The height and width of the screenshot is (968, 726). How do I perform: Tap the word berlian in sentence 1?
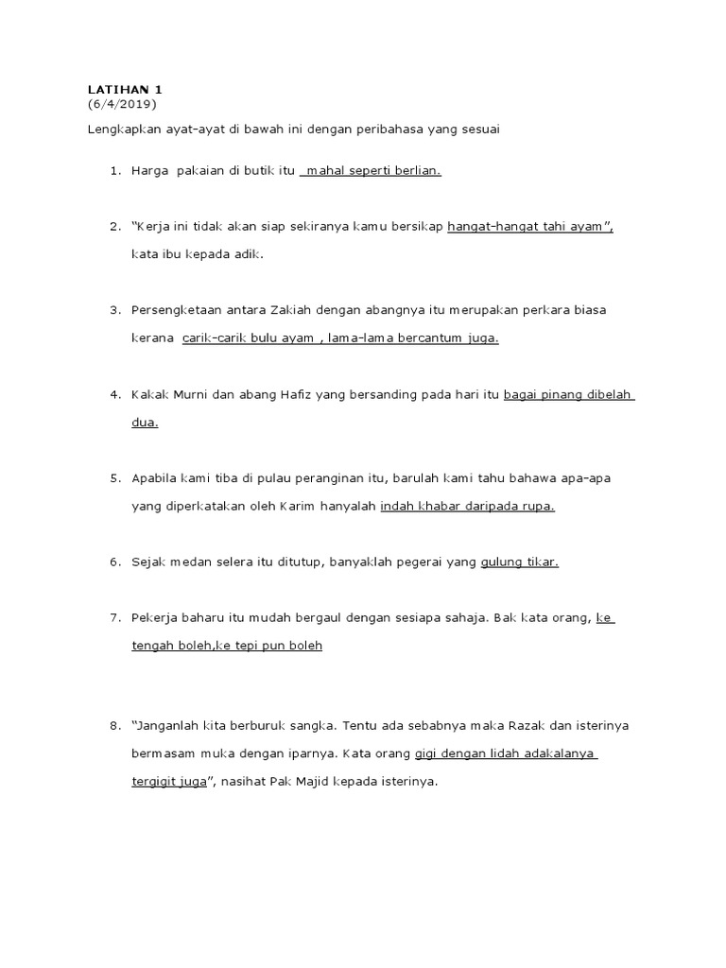tap(420, 171)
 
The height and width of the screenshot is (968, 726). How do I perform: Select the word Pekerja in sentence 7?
tap(156, 617)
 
